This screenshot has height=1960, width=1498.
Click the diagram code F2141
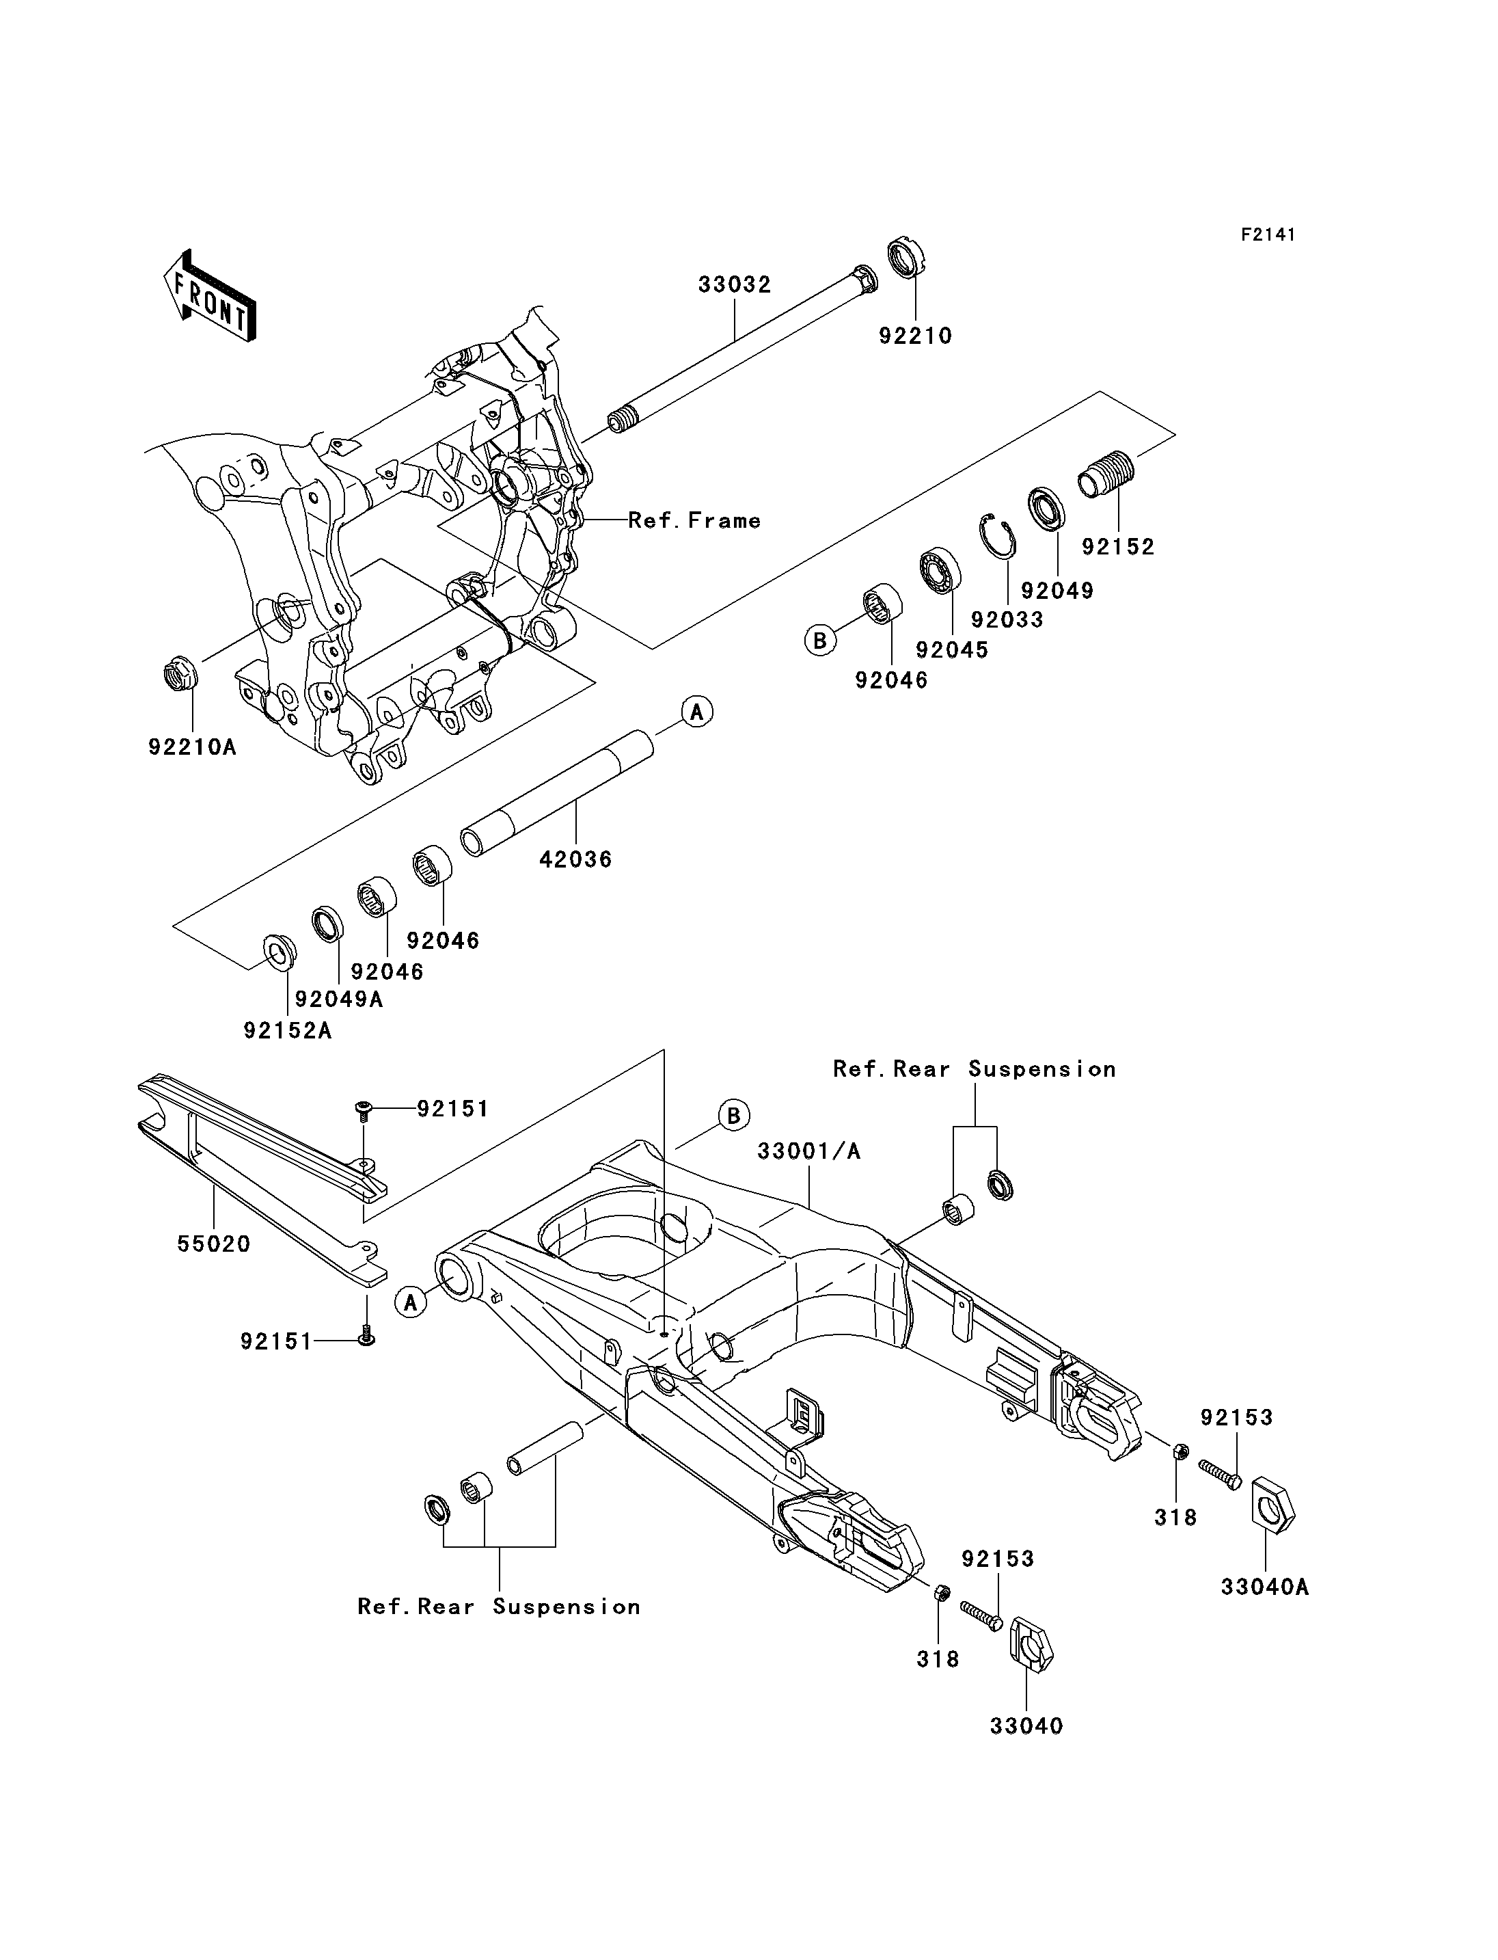tap(1268, 234)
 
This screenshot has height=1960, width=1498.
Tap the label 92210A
tap(193, 747)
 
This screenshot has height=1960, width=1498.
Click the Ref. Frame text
tap(694, 520)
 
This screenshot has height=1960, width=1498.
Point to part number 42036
tap(576, 859)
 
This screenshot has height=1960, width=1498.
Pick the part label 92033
tap(1007, 619)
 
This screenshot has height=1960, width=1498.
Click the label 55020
tap(214, 1244)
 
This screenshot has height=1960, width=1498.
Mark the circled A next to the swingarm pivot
tap(411, 1302)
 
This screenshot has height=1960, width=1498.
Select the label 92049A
tap(340, 999)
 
